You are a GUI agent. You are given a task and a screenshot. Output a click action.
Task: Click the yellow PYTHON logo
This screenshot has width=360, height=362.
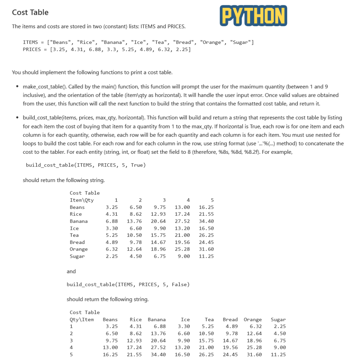254,16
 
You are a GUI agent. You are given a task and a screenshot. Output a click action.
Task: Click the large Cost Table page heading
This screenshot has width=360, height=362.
30,12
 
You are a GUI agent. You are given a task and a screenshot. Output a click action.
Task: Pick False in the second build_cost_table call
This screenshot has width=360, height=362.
180,285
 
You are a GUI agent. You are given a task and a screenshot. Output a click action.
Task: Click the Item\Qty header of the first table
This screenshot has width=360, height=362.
82,200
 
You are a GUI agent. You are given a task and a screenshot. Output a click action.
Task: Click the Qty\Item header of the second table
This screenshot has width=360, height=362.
82,320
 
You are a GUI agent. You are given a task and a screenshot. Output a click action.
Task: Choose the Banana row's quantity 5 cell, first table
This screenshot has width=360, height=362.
206,221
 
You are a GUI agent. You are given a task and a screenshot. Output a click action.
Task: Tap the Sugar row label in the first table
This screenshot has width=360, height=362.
77,256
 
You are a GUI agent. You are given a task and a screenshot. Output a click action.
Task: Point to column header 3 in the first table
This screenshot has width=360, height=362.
164,200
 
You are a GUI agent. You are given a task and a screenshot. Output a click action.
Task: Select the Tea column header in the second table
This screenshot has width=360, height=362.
209,320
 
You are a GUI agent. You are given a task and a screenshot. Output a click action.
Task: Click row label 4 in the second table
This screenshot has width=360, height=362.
71,348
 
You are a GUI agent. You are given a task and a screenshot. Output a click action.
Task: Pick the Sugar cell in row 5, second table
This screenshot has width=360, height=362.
278,355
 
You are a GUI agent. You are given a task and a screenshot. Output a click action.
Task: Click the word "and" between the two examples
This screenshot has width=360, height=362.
71,271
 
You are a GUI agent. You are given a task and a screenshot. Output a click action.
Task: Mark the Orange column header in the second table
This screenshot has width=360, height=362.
252,320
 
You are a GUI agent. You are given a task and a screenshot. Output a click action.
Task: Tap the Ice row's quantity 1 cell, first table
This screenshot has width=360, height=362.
112,228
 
